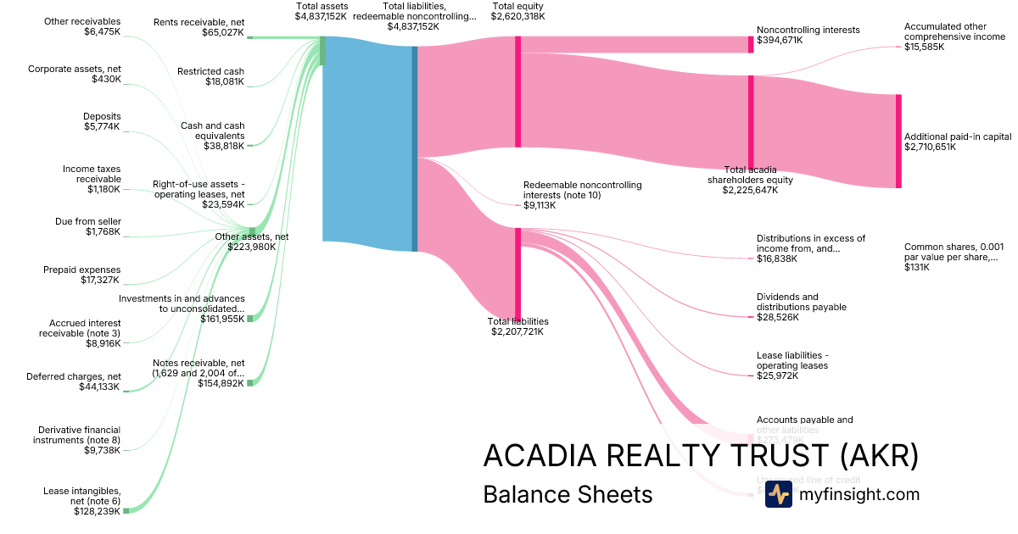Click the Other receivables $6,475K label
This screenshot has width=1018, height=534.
coord(82,26)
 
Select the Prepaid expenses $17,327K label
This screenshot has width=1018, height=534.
coord(81,275)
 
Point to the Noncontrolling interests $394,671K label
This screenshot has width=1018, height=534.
coord(808,35)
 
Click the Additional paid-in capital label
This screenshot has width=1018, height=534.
coord(957,142)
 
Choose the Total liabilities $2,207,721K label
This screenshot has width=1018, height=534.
coord(517,326)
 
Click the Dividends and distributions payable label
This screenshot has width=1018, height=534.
coord(801,307)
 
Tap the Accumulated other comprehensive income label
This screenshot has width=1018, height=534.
coord(954,36)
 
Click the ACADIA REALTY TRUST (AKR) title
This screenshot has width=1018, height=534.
coord(701,456)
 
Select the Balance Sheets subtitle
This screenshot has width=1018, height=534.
coord(568,494)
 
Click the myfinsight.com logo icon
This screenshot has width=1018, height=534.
coord(778,494)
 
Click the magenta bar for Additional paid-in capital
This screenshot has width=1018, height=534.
coord(898,141)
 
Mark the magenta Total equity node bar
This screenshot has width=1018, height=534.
coord(517,92)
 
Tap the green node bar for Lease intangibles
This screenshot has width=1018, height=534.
coord(126,510)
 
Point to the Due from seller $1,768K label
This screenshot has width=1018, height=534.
coord(88,226)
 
